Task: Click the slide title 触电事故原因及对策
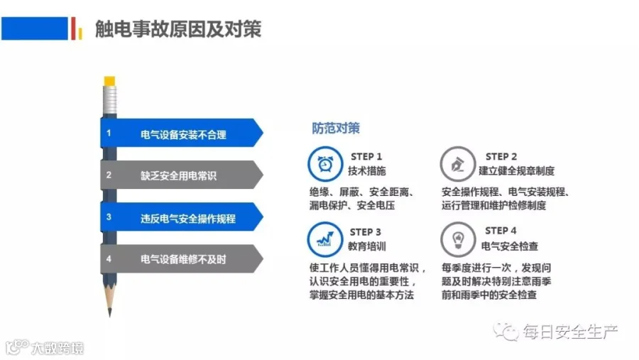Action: point(178,29)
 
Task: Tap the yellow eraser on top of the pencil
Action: point(109,81)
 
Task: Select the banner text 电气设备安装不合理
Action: point(183,134)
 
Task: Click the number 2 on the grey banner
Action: point(109,175)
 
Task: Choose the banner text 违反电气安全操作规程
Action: point(188,219)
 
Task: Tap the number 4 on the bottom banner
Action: point(109,259)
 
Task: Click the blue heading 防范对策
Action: point(336,128)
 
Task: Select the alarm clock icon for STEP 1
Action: point(325,164)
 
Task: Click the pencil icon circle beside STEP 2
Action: point(458,164)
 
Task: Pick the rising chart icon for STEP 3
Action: point(325,239)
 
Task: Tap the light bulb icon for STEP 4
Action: point(458,239)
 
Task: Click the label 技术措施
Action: point(367,171)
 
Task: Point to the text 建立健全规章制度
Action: point(517,171)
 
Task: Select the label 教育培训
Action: point(367,246)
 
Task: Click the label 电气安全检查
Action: point(510,246)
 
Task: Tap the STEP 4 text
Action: point(501,231)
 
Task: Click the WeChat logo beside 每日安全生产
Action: point(506,332)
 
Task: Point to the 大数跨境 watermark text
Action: point(58,348)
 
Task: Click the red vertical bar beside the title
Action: point(73,28)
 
